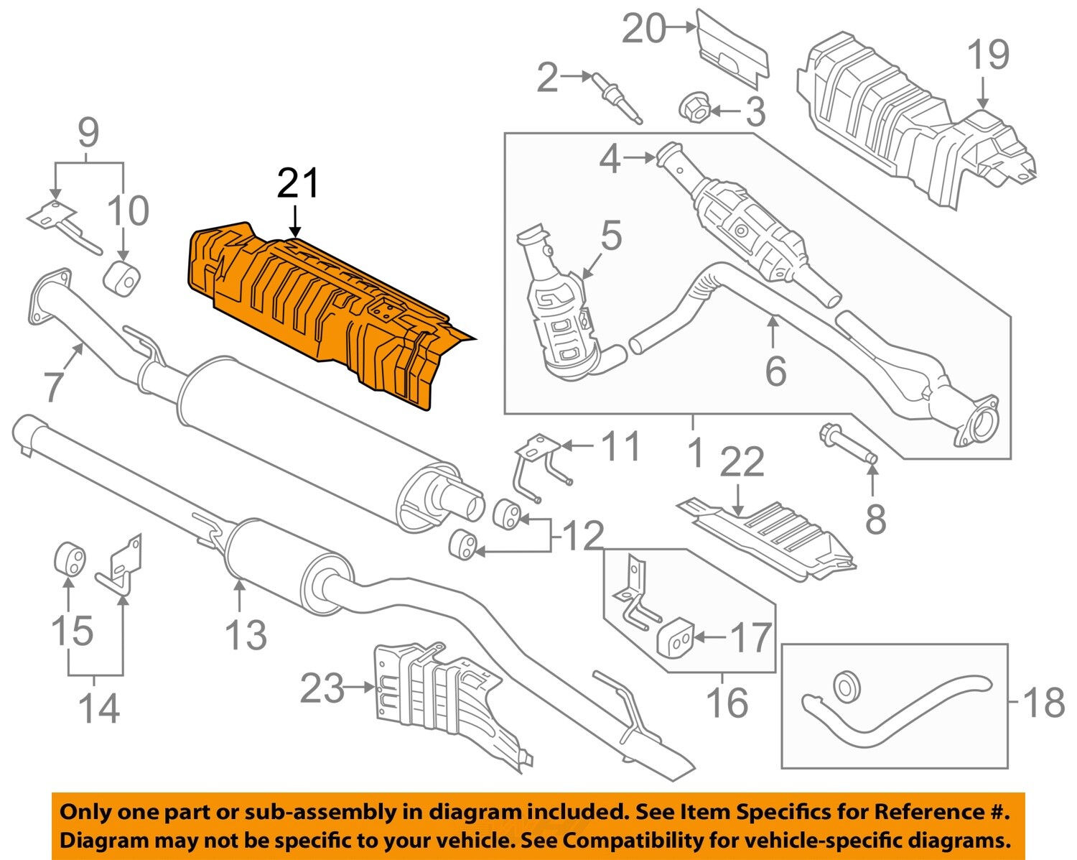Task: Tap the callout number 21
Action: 297,184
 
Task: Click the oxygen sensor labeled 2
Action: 615,98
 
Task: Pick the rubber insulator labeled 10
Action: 122,279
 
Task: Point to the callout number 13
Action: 246,635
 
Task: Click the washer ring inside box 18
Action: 847,685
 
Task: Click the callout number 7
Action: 54,386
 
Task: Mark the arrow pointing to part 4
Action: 638,157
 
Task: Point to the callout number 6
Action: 775,371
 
